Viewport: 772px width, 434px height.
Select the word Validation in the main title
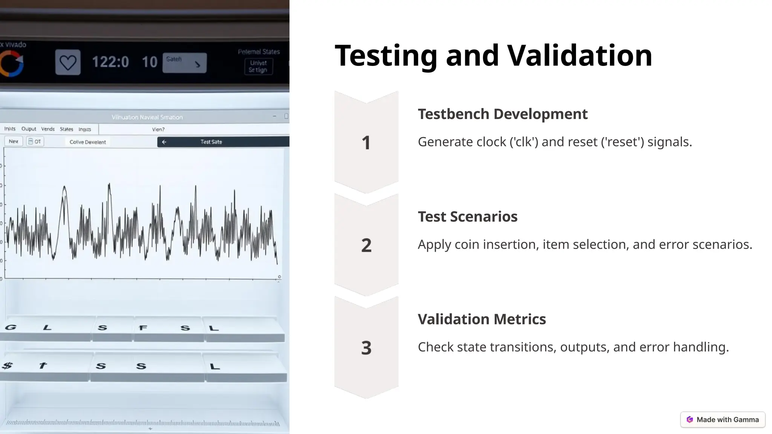[x=579, y=55]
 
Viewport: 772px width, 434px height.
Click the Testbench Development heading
[x=502, y=114]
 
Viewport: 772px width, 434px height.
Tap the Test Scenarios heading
[x=467, y=217]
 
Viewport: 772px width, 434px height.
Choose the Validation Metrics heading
[x=482, y=319]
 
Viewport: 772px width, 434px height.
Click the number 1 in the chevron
[x=366, y=143]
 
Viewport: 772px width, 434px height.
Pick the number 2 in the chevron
[x=366, y=245]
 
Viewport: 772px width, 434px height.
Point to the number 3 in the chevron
[x=366, y=348]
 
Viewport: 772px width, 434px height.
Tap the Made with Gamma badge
[x=723, y=420]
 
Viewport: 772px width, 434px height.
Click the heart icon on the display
[x=68, y=62]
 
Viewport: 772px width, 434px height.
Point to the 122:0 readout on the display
[x=110, y=62]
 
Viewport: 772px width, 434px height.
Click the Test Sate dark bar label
[x=211, y=142]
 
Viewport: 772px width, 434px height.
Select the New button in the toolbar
[x=14, y=141]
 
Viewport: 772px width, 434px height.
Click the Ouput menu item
[x=29, y=129]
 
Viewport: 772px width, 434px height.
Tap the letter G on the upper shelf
[x=11, y=327]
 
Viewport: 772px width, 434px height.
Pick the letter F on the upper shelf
[x=143, y=328]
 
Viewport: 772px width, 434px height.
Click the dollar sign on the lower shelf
[x=7, y=365]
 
